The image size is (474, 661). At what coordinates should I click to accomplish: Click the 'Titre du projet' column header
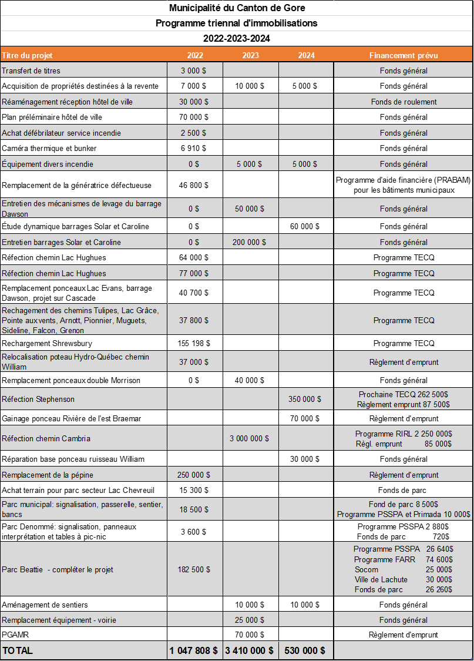click(28, 55)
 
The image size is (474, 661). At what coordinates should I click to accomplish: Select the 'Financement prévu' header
click(404, 55)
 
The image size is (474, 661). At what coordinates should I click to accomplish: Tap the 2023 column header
click(251, 55)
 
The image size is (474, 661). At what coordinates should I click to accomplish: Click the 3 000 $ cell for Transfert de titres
click(194, 71)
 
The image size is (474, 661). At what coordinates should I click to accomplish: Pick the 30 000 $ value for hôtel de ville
click(194, 102)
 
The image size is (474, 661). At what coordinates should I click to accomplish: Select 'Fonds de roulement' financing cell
click(404, 102)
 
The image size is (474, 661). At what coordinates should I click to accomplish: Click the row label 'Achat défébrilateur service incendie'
click(62, 133)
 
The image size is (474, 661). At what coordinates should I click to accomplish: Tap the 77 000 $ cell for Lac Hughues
click(194, 273)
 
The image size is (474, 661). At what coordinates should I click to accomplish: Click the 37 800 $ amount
click(194, 320)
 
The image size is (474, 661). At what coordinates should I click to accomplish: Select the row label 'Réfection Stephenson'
click(38, 399)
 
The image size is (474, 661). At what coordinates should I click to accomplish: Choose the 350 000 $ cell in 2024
click(305, 399)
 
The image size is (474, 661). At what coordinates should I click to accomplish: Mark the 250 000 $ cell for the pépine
click(194, 475)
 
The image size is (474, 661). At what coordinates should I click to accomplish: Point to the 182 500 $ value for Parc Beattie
click(194, 569)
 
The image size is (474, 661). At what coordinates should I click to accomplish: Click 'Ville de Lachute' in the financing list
click(381, 579)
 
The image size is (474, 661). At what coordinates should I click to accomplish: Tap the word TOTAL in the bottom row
click(18, 650)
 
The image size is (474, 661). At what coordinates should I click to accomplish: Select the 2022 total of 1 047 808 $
click(194, 650)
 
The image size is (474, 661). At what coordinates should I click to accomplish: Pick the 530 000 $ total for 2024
click(305, 650)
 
